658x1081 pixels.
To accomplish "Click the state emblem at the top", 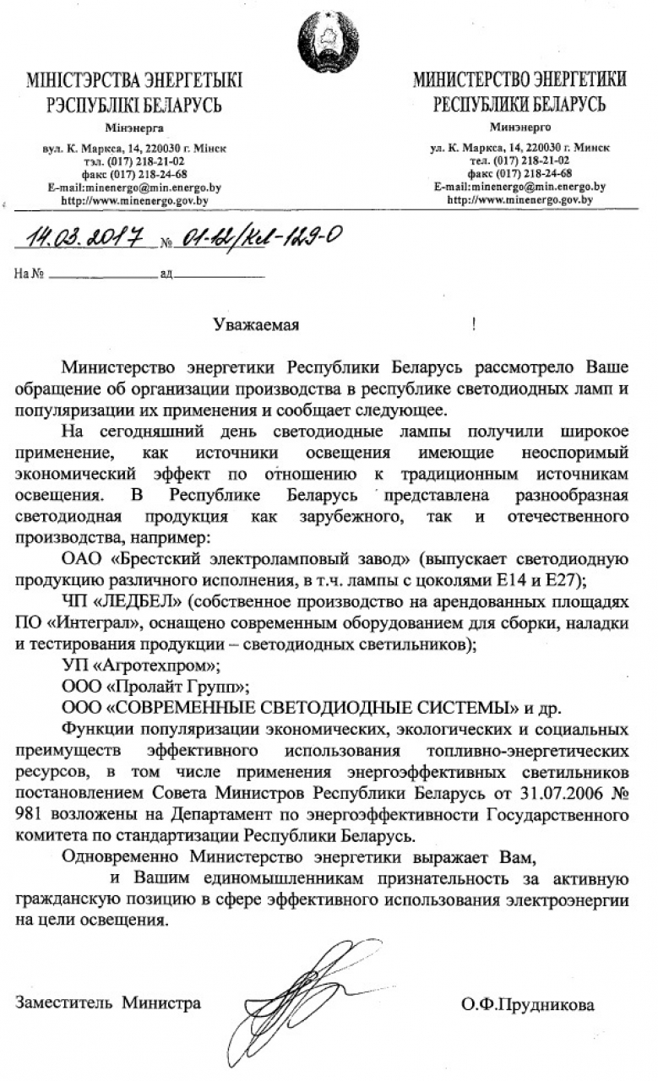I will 328,40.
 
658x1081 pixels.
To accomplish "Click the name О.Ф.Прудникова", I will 528,1004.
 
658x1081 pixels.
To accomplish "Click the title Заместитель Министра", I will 108,1003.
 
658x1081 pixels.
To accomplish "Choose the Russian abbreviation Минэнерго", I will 520,127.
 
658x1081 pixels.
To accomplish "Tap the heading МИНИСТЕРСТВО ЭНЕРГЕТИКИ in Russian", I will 519,81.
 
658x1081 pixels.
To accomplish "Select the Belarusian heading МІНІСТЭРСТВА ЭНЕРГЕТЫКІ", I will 134,82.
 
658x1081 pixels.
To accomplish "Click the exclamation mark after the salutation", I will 474,324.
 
